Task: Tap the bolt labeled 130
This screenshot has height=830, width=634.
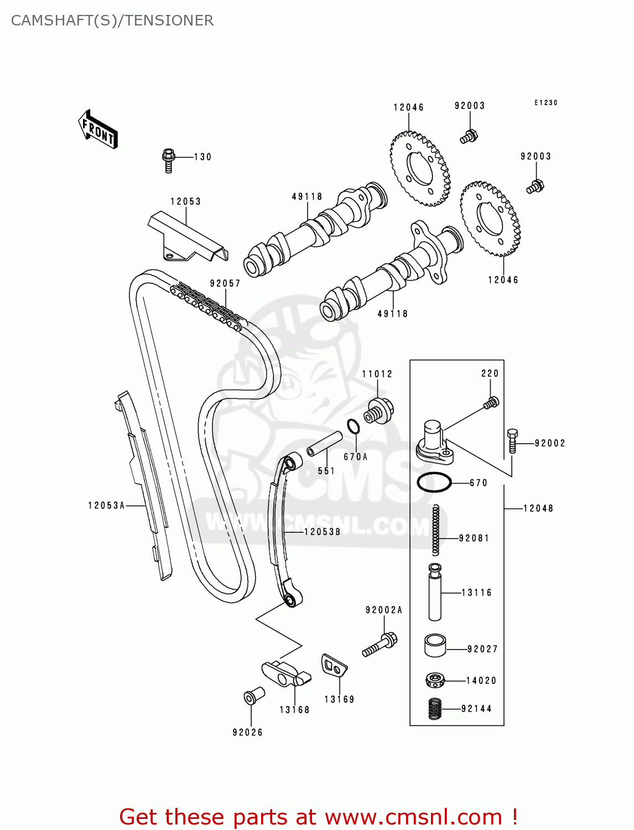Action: tap(169, 159)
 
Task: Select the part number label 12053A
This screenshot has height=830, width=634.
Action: tap(106, 505)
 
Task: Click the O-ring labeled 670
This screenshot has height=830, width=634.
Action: tap(434, 483)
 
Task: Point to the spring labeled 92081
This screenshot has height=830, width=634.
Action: tap(436, 530)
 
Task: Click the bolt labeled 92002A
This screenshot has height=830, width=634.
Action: tap(381, 645)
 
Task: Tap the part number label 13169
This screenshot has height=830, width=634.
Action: tap(339, 699)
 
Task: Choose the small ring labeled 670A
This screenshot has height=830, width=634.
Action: tap(354, 427)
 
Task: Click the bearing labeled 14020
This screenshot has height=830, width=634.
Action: tap(436, 680)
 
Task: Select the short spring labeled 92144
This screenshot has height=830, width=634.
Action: tap(436, 709)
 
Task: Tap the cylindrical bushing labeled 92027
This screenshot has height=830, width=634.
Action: tap(435, 646)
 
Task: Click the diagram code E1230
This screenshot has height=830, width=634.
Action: tap(545, 103)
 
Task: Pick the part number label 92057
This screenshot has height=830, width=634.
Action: tap(225, 283)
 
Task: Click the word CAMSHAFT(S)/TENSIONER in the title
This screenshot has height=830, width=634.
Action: tap(112, 20)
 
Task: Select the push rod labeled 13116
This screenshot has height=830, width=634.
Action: tap(435, 592)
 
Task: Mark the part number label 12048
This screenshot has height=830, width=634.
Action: tap(538, 508)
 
